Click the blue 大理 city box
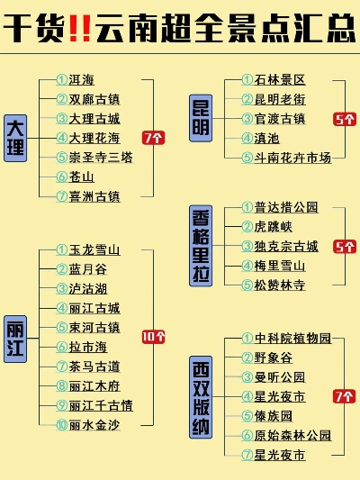point(15,138)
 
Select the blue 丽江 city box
point(15,340)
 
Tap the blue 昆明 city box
point(201,118)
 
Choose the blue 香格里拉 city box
point(201,246)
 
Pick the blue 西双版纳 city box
point(201,397)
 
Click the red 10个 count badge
point(154,337)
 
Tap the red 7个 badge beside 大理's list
point(154,138)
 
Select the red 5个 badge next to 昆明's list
point(345,119)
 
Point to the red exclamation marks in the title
point(80,28)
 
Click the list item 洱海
point(81,80)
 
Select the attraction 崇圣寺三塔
point(101,158)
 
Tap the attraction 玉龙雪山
point(94,250)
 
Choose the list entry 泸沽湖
point(88,289)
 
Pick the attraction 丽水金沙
point(94,425)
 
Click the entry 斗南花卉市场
point(292,158)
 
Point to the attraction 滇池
point(267,139)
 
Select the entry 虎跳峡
point(274,227)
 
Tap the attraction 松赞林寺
point(280,285)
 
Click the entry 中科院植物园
point(292,339)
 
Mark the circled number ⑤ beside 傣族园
point(247,416)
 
